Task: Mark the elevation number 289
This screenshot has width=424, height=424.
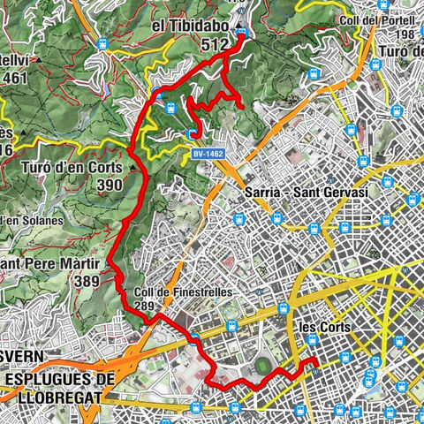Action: [146, 307]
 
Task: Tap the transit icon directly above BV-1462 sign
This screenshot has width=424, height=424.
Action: [192, 133]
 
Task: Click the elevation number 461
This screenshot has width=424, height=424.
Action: [16, 78]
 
